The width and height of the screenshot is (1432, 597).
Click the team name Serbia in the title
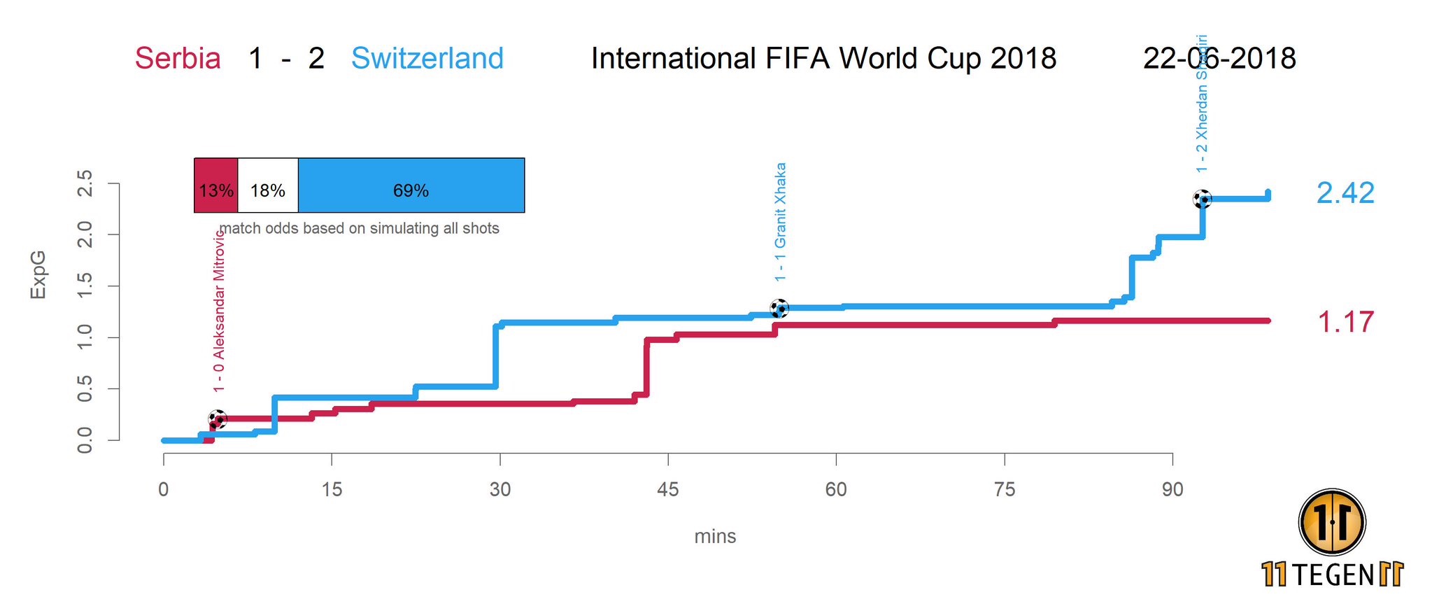pos(178,58)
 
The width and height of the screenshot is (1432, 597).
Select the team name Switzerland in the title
pos(427,58)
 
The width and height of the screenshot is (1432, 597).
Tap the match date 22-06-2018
pos(1219,58)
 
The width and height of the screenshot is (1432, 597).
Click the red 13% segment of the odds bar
pos(215,185)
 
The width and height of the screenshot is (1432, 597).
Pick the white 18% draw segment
pos(268,185)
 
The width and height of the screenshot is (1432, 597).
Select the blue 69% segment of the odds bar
pos(411,185)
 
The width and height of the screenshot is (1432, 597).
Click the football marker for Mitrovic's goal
pos(218,419)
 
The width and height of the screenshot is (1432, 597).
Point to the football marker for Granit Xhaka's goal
pos(779,308)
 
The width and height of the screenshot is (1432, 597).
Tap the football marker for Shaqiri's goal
pos(1202,199)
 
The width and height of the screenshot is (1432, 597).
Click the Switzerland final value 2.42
pos(1345,193)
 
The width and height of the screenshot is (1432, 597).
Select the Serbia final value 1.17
pos(1345,322)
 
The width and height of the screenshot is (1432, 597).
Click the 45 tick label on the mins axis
pos(668,489)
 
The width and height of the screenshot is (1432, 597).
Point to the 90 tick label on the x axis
pos(1172,489)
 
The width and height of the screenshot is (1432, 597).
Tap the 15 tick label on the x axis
pos(332,489)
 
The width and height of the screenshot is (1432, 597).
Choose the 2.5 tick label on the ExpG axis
pos(85,183)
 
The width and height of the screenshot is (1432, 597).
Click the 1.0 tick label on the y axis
pos(85,337)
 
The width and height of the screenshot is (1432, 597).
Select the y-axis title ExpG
pos(38,274)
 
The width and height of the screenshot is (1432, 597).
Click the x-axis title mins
pos(715,537)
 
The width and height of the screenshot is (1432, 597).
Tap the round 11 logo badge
pos(1332,522)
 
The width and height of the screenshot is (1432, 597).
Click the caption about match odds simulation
pos(360,229)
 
